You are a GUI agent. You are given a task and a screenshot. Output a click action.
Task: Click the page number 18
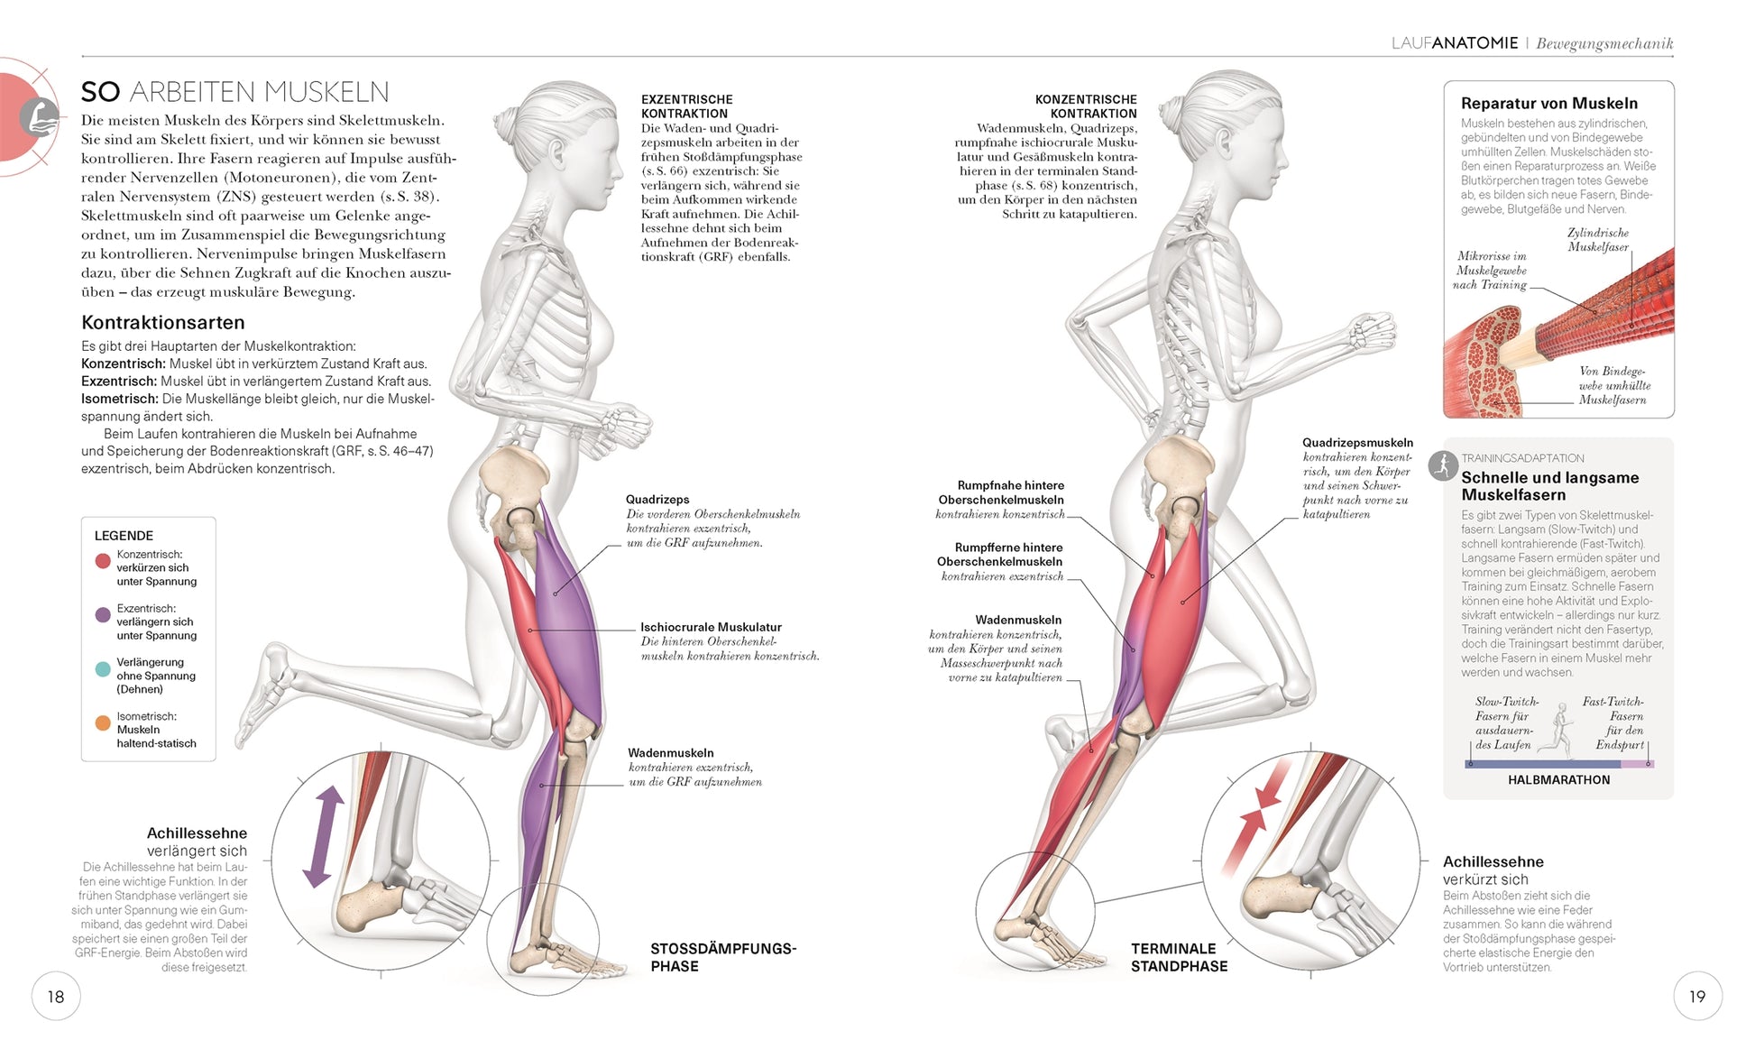pyautogui.click(x=56, y=996)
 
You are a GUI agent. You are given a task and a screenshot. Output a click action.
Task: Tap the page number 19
pyautogui.click(x=1697, y=996)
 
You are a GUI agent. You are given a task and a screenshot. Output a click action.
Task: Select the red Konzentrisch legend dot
pyautogui.click(x=103, y=561)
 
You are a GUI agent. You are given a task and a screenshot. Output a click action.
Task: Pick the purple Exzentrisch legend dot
pyautogui.click(x=103, y=615)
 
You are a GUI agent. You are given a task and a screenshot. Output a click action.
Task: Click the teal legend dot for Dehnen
pyautogui.click(x=103, y=669)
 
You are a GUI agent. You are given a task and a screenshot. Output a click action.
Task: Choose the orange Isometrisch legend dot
pyautogui.click(x=103, y=722)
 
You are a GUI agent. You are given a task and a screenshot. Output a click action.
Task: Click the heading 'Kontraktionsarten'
pyautogui.click(x=163, y=323)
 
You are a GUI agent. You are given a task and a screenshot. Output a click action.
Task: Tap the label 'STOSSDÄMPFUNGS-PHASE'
pyautogui.click(x=722, y=957)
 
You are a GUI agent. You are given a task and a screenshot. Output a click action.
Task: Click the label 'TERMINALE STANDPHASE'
pyautogui.click(x=1179, y=957)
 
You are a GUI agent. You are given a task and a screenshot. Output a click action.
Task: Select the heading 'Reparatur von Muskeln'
pyautogui.click(x=1548, y=104)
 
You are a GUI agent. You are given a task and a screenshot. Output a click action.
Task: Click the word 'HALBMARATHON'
pyautogui.click(x=1558, y=780)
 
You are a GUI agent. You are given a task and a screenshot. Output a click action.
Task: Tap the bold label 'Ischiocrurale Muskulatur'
pyautogui.click(x=711, y=627)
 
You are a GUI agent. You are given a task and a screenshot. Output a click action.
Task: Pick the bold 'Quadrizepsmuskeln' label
pyautogui.click(x=1357, y=443)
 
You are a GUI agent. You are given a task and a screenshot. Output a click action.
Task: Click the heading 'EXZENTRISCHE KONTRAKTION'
pyautogui.click(x=686, y=106)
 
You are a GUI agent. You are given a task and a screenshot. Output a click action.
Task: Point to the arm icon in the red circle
pyautogui.click(x=40, y=117)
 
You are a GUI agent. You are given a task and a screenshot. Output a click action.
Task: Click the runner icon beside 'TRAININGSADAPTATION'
pyautogui.click(x=1443, y=465)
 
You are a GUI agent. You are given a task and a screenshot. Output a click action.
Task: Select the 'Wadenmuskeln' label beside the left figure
pyautogui.click(x=670, y=753)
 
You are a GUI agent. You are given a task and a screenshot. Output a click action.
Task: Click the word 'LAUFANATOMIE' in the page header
pyautogui.click(x=1454, y=43)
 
